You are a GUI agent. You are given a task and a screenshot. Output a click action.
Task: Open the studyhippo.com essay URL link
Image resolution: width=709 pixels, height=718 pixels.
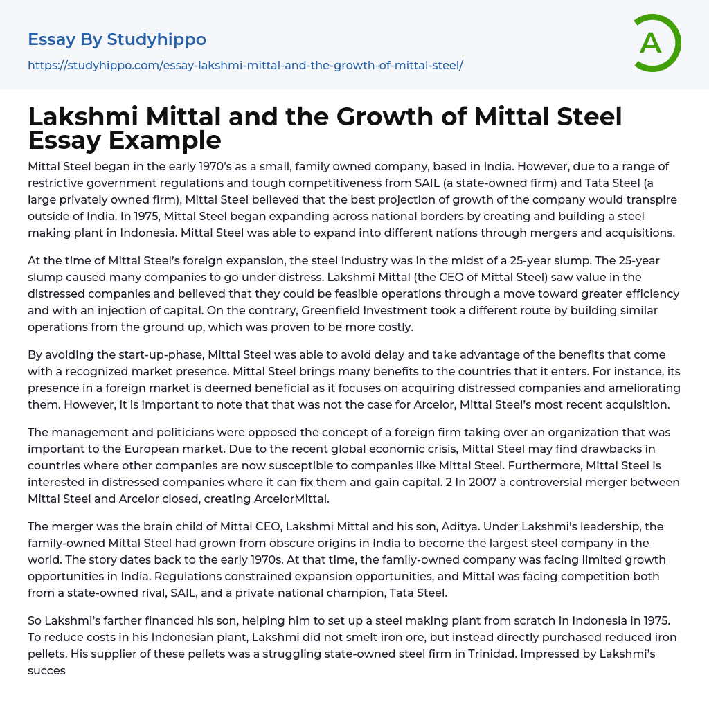[245, 66]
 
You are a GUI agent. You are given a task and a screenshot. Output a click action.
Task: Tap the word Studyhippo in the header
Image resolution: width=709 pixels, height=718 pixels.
[156, 39]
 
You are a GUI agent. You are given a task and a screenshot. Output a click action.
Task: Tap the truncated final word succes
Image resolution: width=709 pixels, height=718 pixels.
[46, 670]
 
